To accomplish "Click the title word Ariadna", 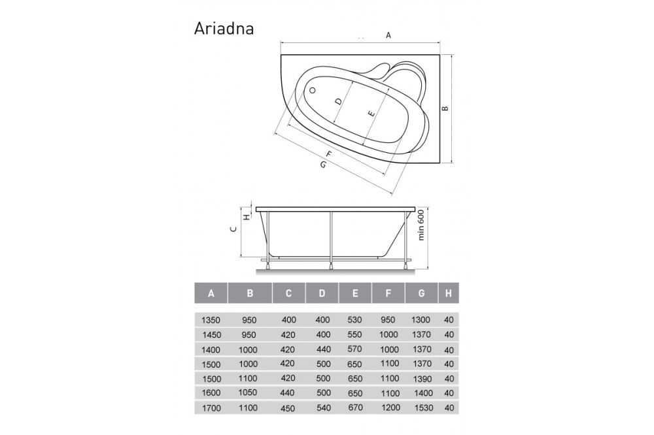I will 224,29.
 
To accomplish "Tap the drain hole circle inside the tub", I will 312,91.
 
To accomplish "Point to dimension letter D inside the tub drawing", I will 337,102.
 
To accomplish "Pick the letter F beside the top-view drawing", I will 328,154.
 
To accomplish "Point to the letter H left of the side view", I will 247,217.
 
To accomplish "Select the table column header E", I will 354,294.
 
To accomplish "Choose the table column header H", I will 447,294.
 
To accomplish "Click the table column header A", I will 211,294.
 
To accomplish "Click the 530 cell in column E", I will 354,321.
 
